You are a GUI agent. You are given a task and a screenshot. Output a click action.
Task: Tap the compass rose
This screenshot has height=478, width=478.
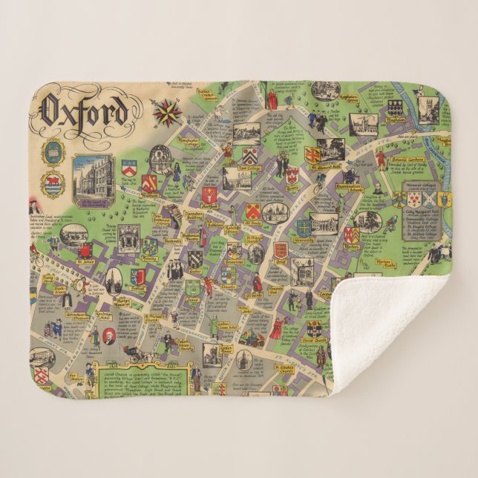pos(167,114)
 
